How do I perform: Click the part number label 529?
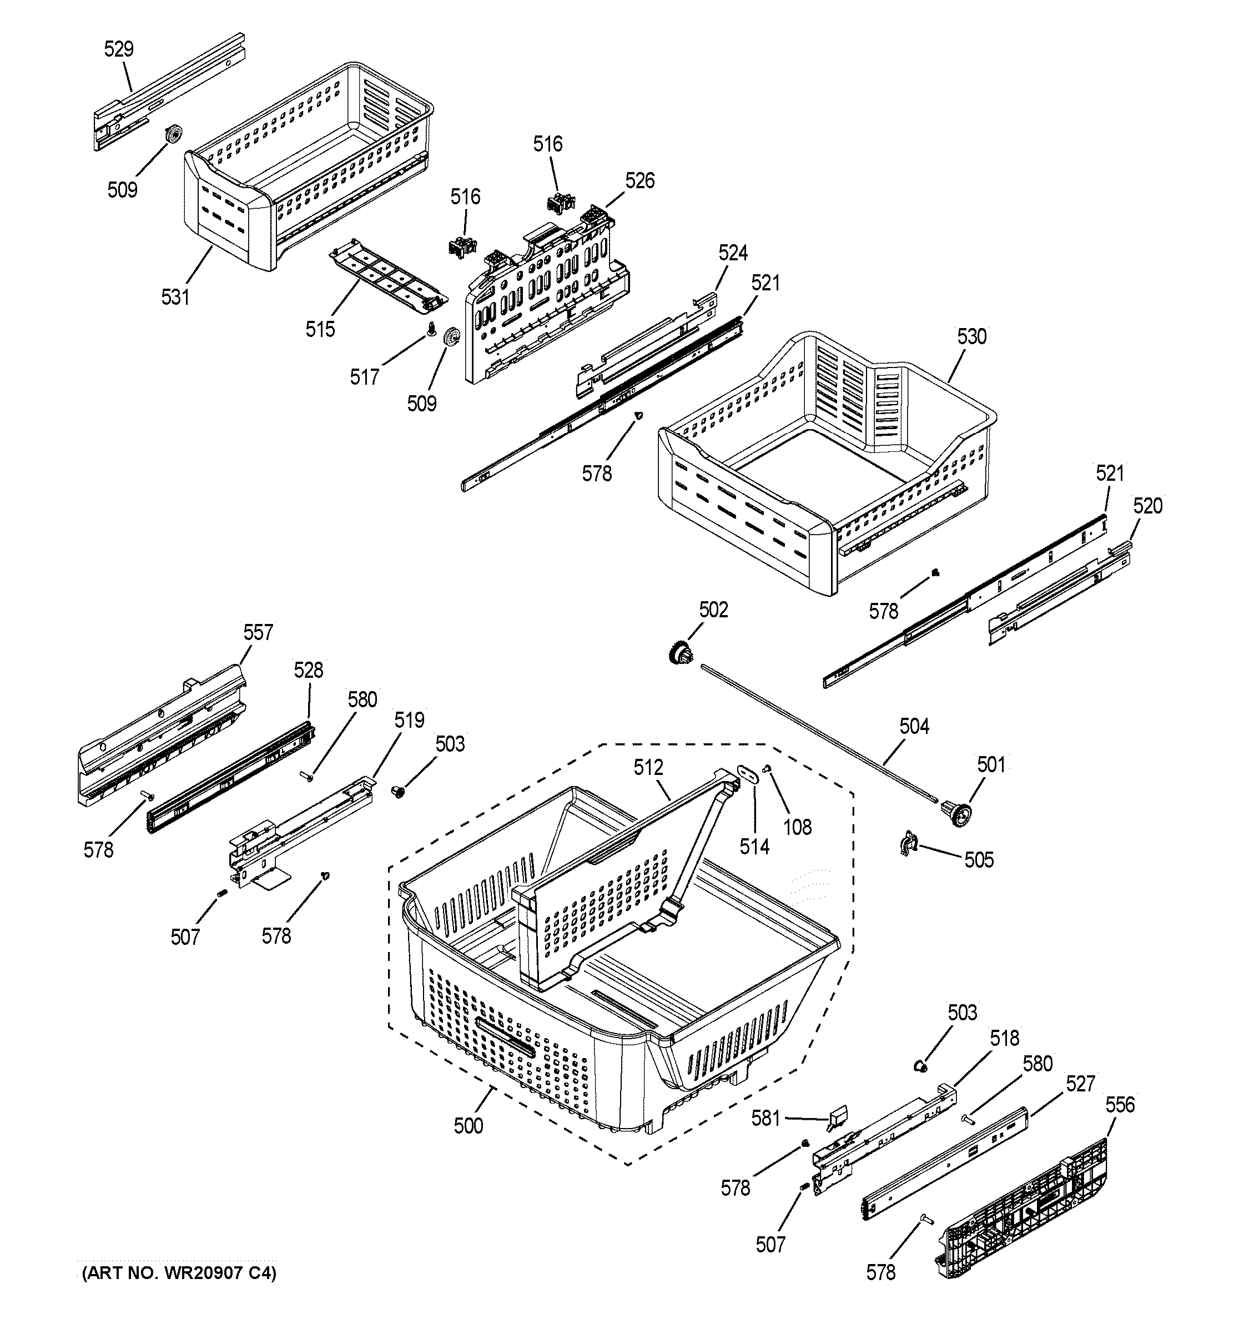point(119,49)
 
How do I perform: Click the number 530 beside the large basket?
point(971,337)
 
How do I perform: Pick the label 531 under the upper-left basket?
point(175,297)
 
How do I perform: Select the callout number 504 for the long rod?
point(914,727)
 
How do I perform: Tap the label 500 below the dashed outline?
point(469,1126)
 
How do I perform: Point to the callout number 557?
point(258,632)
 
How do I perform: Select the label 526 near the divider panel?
point(640,180)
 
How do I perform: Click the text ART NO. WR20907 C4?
point(177,1272)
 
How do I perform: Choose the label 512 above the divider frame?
point(648,768)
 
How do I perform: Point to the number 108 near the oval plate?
point(797,827)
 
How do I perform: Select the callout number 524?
point(733,253)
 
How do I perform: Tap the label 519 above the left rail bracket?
point(409,720)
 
